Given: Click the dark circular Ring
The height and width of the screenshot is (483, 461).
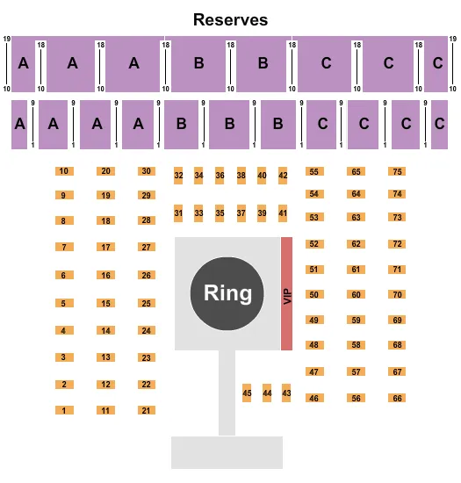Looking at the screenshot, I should [227, 292].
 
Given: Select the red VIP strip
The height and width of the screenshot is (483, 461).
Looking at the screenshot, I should [286, 293].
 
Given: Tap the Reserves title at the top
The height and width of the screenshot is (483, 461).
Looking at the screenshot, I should [231, 19].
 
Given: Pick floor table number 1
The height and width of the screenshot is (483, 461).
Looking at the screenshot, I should [63, 410].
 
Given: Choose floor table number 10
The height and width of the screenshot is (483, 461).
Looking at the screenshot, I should [63, 171].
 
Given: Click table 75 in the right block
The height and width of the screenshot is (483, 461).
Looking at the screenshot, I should [398, 171].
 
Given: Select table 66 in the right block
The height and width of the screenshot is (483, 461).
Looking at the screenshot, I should [398, 398].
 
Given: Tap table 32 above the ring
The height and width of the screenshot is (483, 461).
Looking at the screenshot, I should [178, 176].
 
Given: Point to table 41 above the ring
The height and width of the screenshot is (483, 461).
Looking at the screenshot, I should [283, 213].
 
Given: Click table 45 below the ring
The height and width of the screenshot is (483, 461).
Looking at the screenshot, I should [247, 393].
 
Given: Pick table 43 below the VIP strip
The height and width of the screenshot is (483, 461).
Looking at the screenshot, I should [286, 393].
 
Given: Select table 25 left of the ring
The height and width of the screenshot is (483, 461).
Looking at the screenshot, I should [147, 304].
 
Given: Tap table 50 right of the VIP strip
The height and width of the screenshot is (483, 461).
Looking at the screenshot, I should [313, 294].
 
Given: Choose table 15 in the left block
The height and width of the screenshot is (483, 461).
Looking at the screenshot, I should [105, 304].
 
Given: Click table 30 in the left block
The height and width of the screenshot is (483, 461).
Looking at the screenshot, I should [147, 171].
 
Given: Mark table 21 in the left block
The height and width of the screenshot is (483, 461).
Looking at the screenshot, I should [147, 410].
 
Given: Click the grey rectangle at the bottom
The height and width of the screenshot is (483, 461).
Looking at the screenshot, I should [227, 452].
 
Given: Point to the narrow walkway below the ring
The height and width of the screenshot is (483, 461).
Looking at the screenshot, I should [227, 391].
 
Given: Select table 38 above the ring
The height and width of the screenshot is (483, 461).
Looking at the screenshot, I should [241, 176].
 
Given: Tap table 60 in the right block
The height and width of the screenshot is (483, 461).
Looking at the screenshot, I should [356, 294].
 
